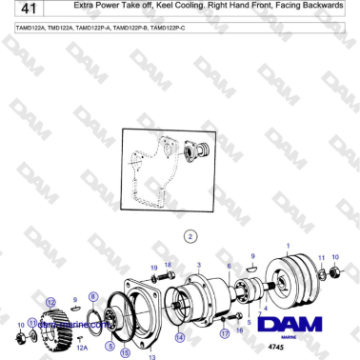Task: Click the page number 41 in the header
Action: click(16, 11)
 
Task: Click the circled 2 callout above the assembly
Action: click(190, 235)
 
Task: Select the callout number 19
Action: click(154, 268)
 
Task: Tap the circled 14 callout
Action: click(180, 337)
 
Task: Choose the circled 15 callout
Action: click(125, 351)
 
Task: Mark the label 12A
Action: click(82, 349)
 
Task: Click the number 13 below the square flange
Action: click(150, 357)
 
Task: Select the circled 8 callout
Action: click(92, 298)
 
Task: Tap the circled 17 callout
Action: click(225, 334)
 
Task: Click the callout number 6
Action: click(229, 265)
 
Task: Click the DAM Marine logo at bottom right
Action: click(303, 324)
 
